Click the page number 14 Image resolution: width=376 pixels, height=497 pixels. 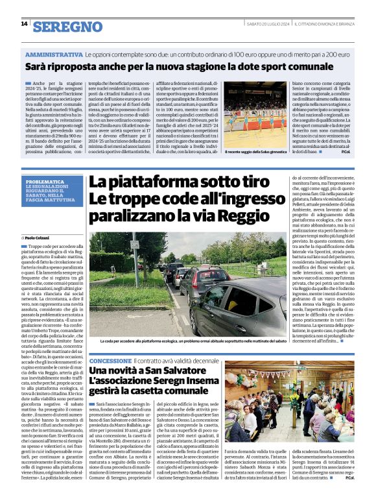[x=24, y=24]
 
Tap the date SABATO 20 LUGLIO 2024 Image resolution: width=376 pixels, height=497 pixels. [x=266, y=24]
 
